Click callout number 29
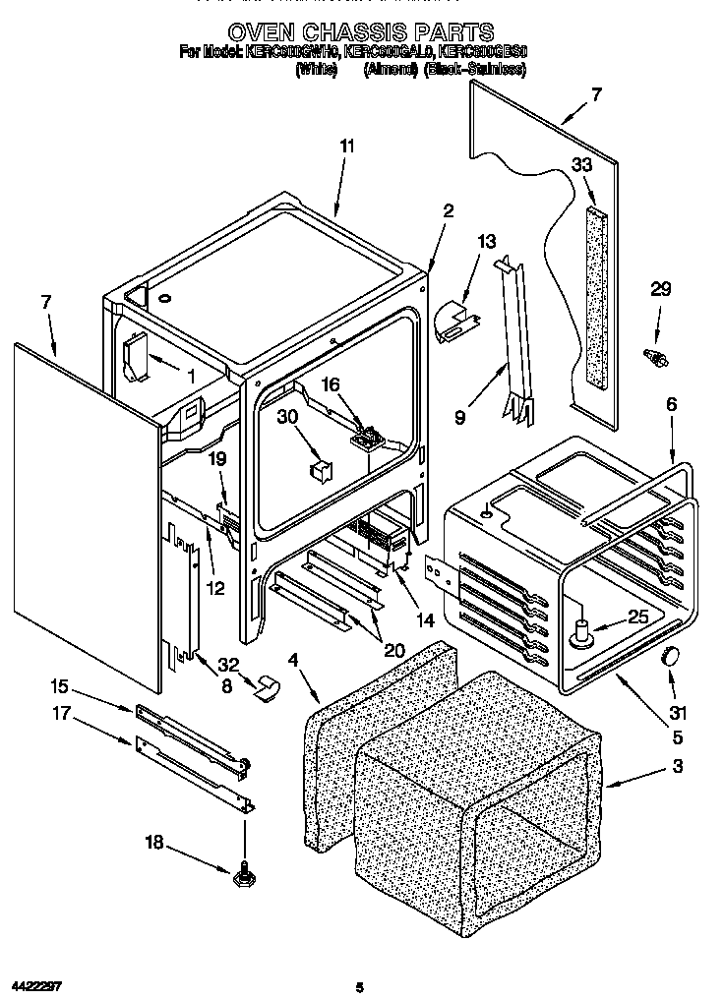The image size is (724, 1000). [660, 288]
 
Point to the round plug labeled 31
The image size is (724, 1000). [672, 657]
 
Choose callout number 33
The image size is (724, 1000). [582, 166]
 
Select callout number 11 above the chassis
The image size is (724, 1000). [346, 147]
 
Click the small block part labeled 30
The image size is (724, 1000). [318, 469]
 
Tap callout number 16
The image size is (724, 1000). [331, 385]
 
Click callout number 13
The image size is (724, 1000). [487, 242]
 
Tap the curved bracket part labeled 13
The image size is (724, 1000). [453, 321]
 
